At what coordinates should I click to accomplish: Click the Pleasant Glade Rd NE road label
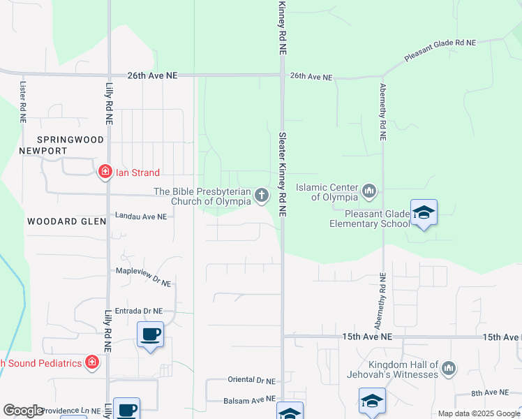click(x=440, y=43)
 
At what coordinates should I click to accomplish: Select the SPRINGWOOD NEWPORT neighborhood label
click(x=52, y=145)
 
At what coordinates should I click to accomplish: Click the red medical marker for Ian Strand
click(x=105, y=172)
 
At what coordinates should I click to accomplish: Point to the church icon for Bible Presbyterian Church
click(x=262, y=195)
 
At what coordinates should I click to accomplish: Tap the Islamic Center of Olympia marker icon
click(x=370, y=190)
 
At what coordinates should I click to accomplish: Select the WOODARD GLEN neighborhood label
click(x=66, y=221)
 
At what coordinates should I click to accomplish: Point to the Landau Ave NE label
click(x=142, y=217)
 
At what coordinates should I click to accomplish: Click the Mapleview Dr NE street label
click(x=143, y=273)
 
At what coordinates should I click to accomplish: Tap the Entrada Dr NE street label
click(x=139, y=311)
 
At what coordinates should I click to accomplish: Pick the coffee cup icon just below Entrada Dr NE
click(x=150, y=335)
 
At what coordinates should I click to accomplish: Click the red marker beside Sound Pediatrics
click(x=91, y=362)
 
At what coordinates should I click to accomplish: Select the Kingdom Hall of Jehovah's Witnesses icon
click(x=449, y=367)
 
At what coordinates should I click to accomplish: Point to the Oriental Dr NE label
click(x=251, y=381)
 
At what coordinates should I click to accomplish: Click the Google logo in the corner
click(x=23, y=411)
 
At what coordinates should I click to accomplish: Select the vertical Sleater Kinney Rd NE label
click(x=283, y=175)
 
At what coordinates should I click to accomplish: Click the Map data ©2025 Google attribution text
click(x=479, y=413)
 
